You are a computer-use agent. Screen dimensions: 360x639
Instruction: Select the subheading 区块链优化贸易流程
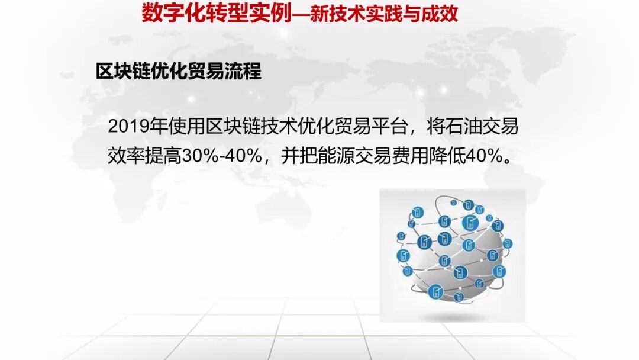(x=178, y=71)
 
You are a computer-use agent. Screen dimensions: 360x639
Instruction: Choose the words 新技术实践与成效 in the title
(x=385, y=13)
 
